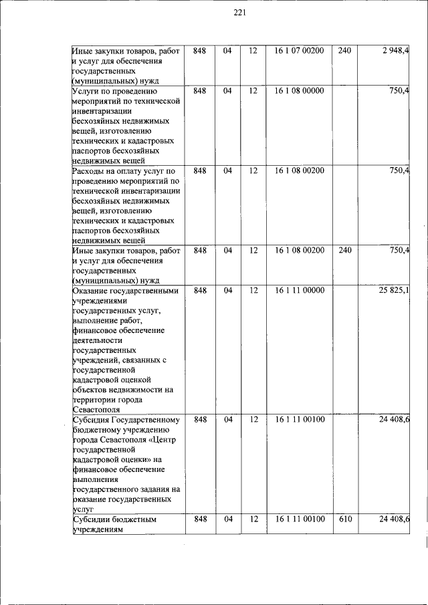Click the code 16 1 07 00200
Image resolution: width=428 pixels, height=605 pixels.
tap(299, 50)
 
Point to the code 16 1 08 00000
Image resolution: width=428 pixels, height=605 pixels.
tap(299, 90)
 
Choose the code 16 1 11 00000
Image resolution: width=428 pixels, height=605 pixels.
tap(299, 291)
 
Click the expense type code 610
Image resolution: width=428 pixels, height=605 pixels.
tap(345, 519)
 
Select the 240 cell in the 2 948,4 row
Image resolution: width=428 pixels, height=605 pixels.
tap(345, 50)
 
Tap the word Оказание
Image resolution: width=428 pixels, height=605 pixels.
tap(93, 291)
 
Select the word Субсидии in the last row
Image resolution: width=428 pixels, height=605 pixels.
tap(94, 519)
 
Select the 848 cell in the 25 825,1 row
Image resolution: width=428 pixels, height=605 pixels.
tap(199, 291)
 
